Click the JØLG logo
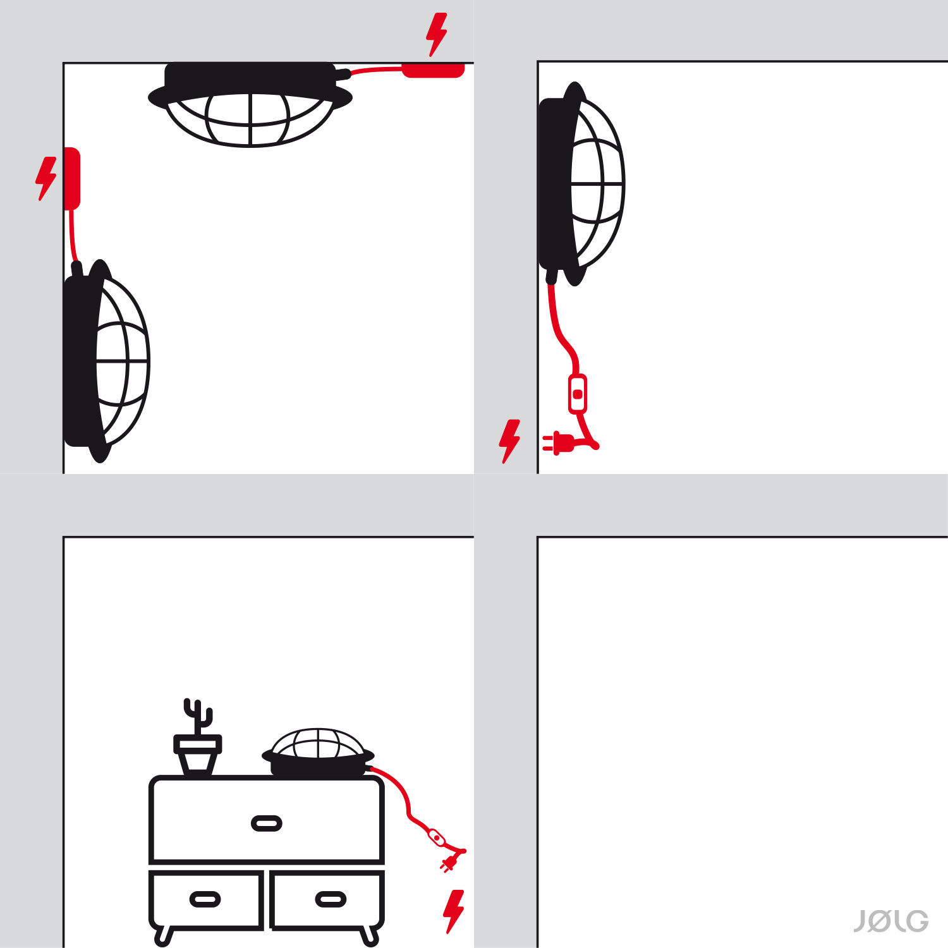(x=891, y=921)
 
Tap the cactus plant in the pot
(x=198, y=717)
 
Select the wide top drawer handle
(x=267, y=823)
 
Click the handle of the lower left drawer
(x=205, y=899)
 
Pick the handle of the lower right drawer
(x=331, y=899)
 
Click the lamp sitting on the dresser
(x=318, y=752)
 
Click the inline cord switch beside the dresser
(x=437, y=838)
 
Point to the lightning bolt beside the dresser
(x=454, y=911)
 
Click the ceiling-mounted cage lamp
(x=250, y=104)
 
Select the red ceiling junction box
(x=434, y=70)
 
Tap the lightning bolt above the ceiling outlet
(x=437, y=34)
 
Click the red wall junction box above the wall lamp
(x=72, y=178)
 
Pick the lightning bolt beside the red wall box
(x=46, y=179)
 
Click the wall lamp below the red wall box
(x=106, y=361)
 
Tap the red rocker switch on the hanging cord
(x=578, y=394)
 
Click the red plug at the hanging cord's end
(x=559, y=443)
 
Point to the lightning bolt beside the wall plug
(x=510, y=441)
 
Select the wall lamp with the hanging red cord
(x=581, y=183)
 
